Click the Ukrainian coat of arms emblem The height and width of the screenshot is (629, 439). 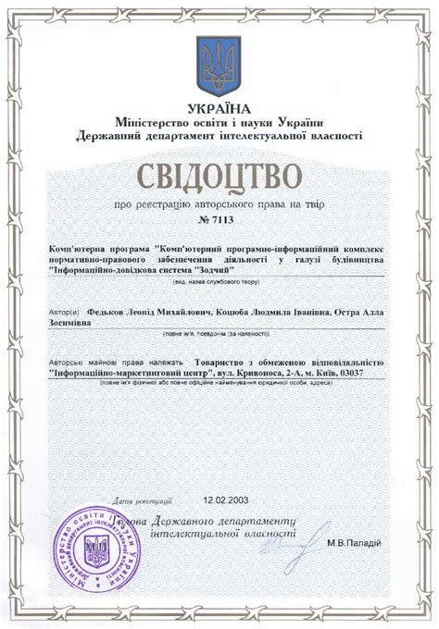[x=220, y=67]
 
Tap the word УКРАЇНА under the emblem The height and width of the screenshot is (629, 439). [x=219, y=107]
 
